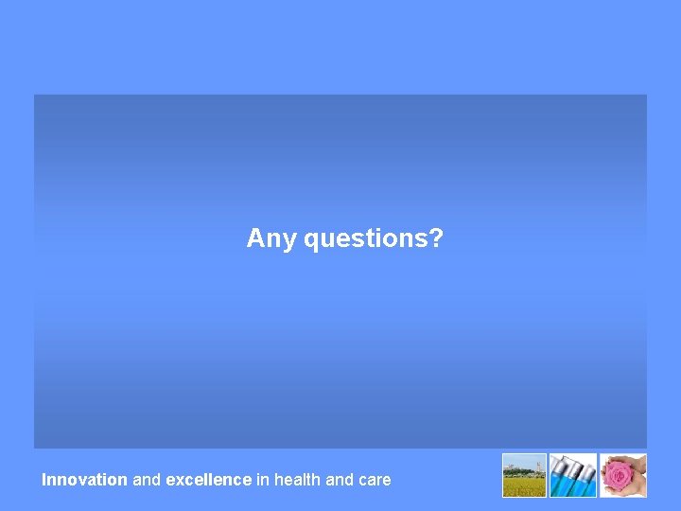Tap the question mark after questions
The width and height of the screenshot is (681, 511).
[x=436, y=238]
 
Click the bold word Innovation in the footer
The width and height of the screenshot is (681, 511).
[x=84, y=480]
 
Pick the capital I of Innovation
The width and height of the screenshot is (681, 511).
[x=44, y=480]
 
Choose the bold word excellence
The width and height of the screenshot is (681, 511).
[x=208, y=480]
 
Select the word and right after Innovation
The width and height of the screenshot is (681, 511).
[x=147, y=480]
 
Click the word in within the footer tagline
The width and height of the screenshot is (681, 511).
[x=262, y=480]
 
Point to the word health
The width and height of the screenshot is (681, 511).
[x=297, y=480]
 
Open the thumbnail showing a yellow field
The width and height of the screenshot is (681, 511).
[x=524, y=475]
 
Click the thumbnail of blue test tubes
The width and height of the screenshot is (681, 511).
[x=573, y=475]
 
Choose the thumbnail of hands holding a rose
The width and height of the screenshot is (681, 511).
[x=623, y=475]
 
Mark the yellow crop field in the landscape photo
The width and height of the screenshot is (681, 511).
[x=524, y=486]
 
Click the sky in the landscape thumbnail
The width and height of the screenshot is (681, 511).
[x=520, y=461]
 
